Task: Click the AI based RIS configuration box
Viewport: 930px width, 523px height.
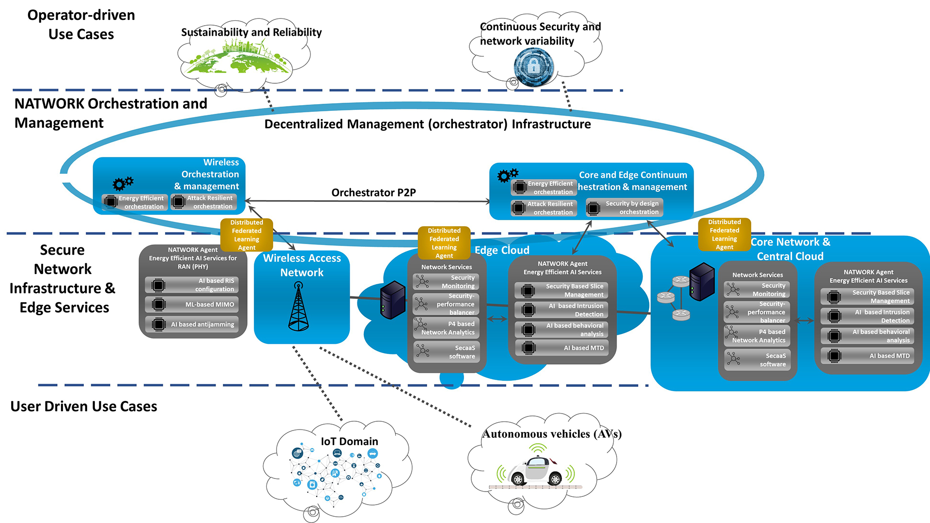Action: (193, 285)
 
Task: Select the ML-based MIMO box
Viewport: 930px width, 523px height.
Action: (193, 305)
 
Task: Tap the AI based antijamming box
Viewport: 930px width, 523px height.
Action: (193, 324)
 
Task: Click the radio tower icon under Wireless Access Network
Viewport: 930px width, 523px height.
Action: (298, 307)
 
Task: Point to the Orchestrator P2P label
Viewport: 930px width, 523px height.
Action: (373, 192)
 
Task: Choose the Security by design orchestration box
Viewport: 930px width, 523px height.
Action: (624, 208)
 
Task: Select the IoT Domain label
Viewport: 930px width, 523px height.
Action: (349, 441)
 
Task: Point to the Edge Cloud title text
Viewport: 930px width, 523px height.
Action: (502, 250)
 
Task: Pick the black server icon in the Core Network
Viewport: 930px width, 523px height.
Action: (701, 281)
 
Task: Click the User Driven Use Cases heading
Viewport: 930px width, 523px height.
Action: (84, 406)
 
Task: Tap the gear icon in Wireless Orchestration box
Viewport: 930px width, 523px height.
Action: (123, 184)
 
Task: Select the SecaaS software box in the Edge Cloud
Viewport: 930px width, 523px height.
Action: (446, 352)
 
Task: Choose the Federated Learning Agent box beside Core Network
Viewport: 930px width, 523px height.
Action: (724, 234)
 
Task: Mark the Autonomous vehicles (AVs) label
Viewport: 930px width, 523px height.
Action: (552, 434)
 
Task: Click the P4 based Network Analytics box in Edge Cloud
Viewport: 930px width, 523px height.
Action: (446, 328)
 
